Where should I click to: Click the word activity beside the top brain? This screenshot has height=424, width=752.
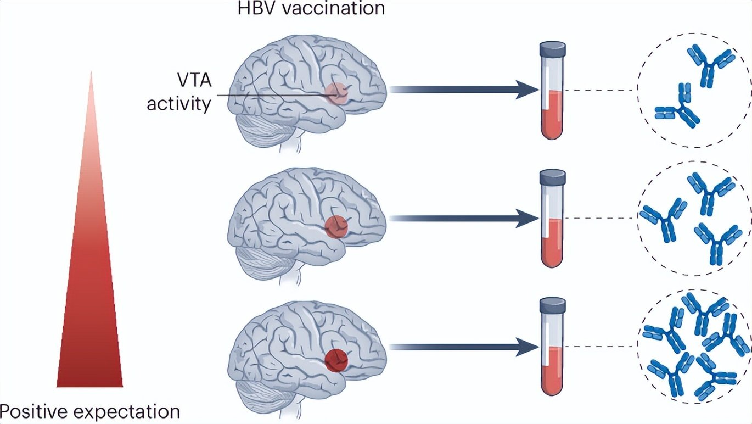179,104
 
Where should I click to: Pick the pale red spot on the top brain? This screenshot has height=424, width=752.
335,93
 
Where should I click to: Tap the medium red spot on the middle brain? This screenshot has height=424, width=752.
336,226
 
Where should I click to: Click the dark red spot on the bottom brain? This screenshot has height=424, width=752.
336,359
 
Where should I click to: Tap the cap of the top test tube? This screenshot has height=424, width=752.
552,48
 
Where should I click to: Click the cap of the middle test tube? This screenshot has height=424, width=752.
552,176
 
